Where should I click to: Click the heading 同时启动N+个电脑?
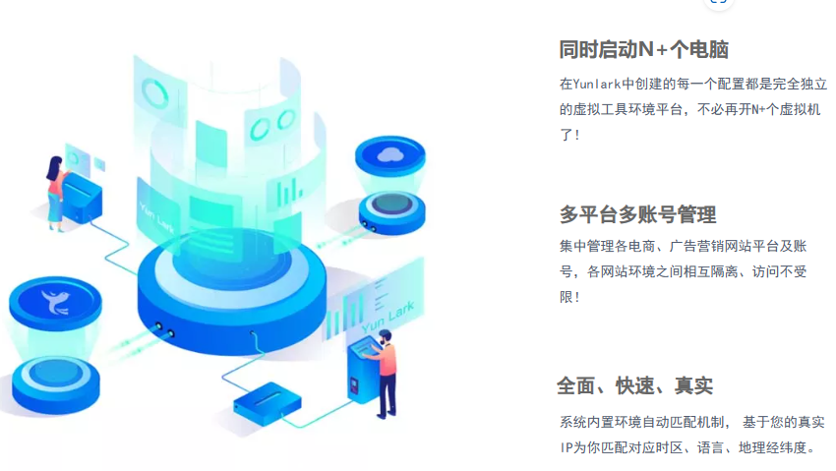click(643, 50)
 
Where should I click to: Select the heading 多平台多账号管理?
click(637, 214)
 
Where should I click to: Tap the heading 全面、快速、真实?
click(634, 385)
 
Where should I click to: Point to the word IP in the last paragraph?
click(567, 447)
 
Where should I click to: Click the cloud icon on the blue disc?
click(390, 153)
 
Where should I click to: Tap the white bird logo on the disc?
click(53, 300)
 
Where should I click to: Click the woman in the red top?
click(55, 188)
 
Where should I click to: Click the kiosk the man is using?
click(362, 369)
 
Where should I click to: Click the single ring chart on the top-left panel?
click(155, 93)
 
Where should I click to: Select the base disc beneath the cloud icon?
click(390, 209)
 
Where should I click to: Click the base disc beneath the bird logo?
click(55, 378)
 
